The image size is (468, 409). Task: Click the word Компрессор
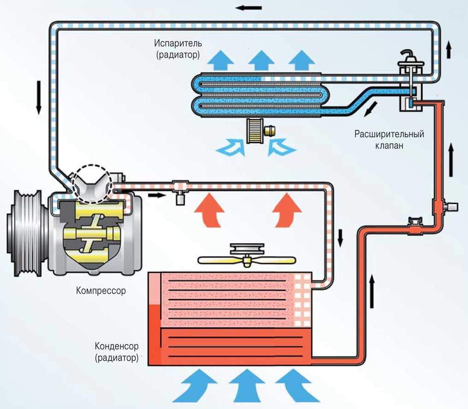pos(101,291)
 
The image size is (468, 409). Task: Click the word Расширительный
pos(389,134)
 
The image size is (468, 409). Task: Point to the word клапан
pos(389,146)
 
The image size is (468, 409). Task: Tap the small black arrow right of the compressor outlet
pos(157,195)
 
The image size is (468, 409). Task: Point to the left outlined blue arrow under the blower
pos(231,147)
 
